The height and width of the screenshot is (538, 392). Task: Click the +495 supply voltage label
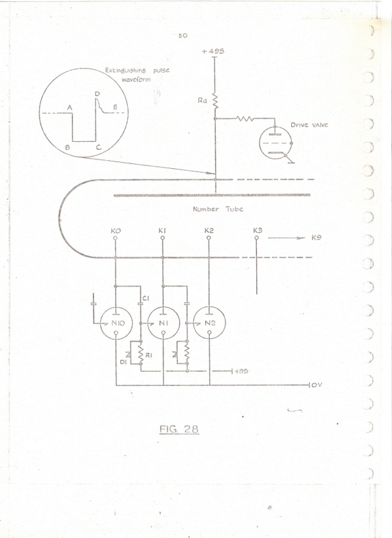tap(213, 51)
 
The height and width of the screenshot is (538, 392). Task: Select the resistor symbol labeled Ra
tap(215, 102)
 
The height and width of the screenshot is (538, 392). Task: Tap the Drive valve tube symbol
tap(276, 143)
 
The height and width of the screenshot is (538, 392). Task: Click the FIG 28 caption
tap(179, 429)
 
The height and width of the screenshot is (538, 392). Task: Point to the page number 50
tap(183, 36)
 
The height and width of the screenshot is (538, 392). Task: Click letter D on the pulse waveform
tap(97, 94)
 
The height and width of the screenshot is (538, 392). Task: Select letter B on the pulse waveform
tap(67, 147)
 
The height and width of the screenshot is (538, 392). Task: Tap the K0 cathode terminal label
tap(116, 231)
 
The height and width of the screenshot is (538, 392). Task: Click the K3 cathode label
tap(258, 230)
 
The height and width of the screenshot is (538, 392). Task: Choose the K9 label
tap(316, 237)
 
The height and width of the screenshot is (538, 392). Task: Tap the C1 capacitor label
tap(146, 299)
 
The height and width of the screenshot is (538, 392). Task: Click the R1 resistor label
tap(149, 356)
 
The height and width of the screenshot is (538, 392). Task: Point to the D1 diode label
tap(124, 361)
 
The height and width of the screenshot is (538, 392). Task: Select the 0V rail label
tap(317, 385)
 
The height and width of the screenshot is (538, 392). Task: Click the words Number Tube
tap(218, 209)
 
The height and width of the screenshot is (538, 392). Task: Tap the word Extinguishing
tap(125, 71)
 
